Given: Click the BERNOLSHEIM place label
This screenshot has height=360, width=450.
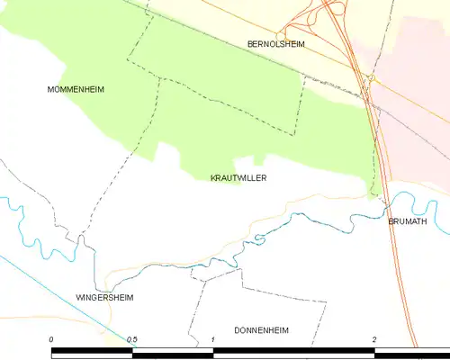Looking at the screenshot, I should (x=276, y=43).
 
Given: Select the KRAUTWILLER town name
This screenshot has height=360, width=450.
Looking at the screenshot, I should (x=238, y=178).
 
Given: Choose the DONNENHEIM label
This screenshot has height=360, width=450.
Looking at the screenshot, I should (x=261, y=330).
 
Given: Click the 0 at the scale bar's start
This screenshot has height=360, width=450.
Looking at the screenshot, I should (x=52, y=339).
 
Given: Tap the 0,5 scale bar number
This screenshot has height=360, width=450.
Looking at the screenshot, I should (x=131, y=339).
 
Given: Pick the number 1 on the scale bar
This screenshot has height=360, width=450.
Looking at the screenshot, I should (x=213, y=339).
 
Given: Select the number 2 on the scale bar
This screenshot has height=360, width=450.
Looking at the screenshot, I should (x=373, y=339).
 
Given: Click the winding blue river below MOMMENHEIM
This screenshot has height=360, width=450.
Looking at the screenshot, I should (x=27, y=225).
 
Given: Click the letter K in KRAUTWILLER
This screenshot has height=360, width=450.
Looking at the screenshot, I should (x=213, y=178).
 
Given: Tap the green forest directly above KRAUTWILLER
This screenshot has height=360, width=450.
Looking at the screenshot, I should (x=234, y=135).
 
